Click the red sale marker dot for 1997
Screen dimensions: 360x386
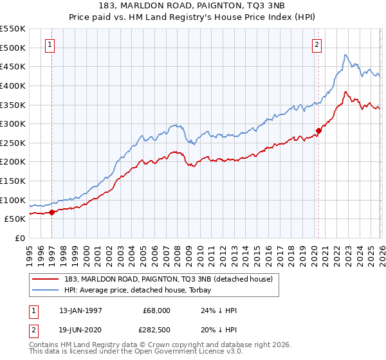click(51, 212)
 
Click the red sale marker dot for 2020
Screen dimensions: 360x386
click(318, 130)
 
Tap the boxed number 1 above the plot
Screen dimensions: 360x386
click(51, 44)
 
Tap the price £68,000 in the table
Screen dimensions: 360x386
click(156, 310)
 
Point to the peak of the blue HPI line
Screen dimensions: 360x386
click(345, 55)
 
